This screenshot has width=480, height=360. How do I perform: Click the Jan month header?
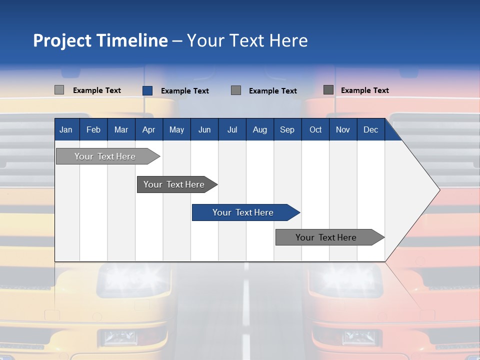[66, 129]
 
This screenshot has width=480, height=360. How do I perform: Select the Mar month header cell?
[121, 129]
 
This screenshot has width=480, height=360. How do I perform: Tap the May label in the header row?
[176, 129]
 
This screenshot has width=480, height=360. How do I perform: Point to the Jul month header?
[232, 129]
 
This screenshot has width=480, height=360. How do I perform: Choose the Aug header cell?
[259, 129]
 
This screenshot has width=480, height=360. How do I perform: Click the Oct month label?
[315, 129]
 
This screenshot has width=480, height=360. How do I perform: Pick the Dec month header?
[370, 129]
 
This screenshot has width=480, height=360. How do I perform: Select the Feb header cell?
[93, 129]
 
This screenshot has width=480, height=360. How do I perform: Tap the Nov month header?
[342, 129]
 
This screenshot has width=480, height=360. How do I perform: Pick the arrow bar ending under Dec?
[328, 237]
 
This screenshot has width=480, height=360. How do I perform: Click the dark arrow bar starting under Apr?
[175, 184]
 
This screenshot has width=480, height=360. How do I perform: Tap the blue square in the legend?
[147, 90]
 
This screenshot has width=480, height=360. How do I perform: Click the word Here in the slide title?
[288, 40]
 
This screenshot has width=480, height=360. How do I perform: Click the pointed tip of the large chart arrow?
[438, 189]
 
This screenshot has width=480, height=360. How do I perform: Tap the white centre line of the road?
[245, 305]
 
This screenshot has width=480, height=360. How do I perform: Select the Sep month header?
[287, 129]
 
